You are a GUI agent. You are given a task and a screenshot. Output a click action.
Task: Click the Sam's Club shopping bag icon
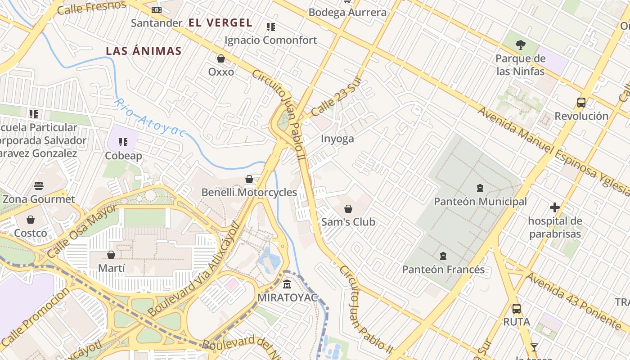coord(348,209)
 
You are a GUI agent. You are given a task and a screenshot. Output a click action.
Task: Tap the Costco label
coord(31,233)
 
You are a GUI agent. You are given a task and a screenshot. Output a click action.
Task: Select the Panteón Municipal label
coord(480,202)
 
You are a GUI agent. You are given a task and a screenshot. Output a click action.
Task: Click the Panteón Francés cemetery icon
coord(443,256)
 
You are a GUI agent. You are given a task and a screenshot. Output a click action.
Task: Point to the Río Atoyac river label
coord(149,117)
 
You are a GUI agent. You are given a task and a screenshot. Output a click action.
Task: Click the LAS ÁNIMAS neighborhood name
coord(144,51)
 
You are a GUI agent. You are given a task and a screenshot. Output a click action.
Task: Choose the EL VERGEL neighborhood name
coord(220,22)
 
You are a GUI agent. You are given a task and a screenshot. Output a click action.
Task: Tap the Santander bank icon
coord(156,9)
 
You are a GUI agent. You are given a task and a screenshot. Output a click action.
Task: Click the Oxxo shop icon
coord(221,58)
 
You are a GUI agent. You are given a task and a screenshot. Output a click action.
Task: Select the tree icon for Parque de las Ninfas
coord(521,45)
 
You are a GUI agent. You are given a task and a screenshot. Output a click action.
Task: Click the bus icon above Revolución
coord(581,103)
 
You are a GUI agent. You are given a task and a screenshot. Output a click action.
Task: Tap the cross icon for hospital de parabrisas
coord(555,207)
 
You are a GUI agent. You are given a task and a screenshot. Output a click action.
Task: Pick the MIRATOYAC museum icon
coord(287,284)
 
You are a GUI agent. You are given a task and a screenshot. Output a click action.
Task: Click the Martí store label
coord(111,268)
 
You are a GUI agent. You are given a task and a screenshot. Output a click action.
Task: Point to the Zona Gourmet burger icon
coord(39,185)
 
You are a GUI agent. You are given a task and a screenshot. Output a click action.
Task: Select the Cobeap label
coord(123,156)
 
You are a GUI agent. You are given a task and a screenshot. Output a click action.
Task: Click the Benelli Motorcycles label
coord(249,193)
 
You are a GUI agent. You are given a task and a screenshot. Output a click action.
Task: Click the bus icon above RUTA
coord(517,309)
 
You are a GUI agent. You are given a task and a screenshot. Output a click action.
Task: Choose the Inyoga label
coord(337,139)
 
